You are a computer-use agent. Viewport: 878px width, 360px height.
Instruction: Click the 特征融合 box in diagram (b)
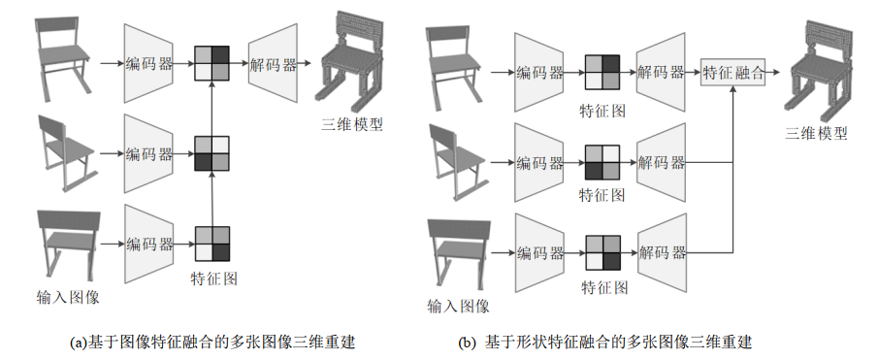coord(733,73)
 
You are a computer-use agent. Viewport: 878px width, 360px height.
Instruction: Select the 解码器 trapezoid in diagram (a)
coord(273,63)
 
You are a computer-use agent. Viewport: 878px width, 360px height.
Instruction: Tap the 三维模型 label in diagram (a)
coord(352,124)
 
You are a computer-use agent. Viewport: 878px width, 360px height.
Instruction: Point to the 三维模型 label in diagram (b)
coord(816,133)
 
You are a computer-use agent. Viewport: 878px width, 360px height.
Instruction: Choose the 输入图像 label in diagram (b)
coord(458,306)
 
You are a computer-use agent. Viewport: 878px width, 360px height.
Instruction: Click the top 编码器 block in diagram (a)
coord(148,63)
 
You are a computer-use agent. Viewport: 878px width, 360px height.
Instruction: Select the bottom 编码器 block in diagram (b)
coord(539,253)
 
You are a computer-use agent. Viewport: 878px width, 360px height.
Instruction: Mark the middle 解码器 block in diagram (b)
coord(662,162)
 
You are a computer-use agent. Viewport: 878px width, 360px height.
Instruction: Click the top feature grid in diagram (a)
coord(211,63)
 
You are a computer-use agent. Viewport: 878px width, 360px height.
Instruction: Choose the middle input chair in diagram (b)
coord(458,161)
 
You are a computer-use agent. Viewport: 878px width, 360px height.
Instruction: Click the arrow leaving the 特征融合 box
coord(773,73)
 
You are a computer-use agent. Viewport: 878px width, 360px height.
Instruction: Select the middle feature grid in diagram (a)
coord(211,153)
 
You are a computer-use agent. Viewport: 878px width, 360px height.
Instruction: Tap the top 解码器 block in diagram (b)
coord(662,72)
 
